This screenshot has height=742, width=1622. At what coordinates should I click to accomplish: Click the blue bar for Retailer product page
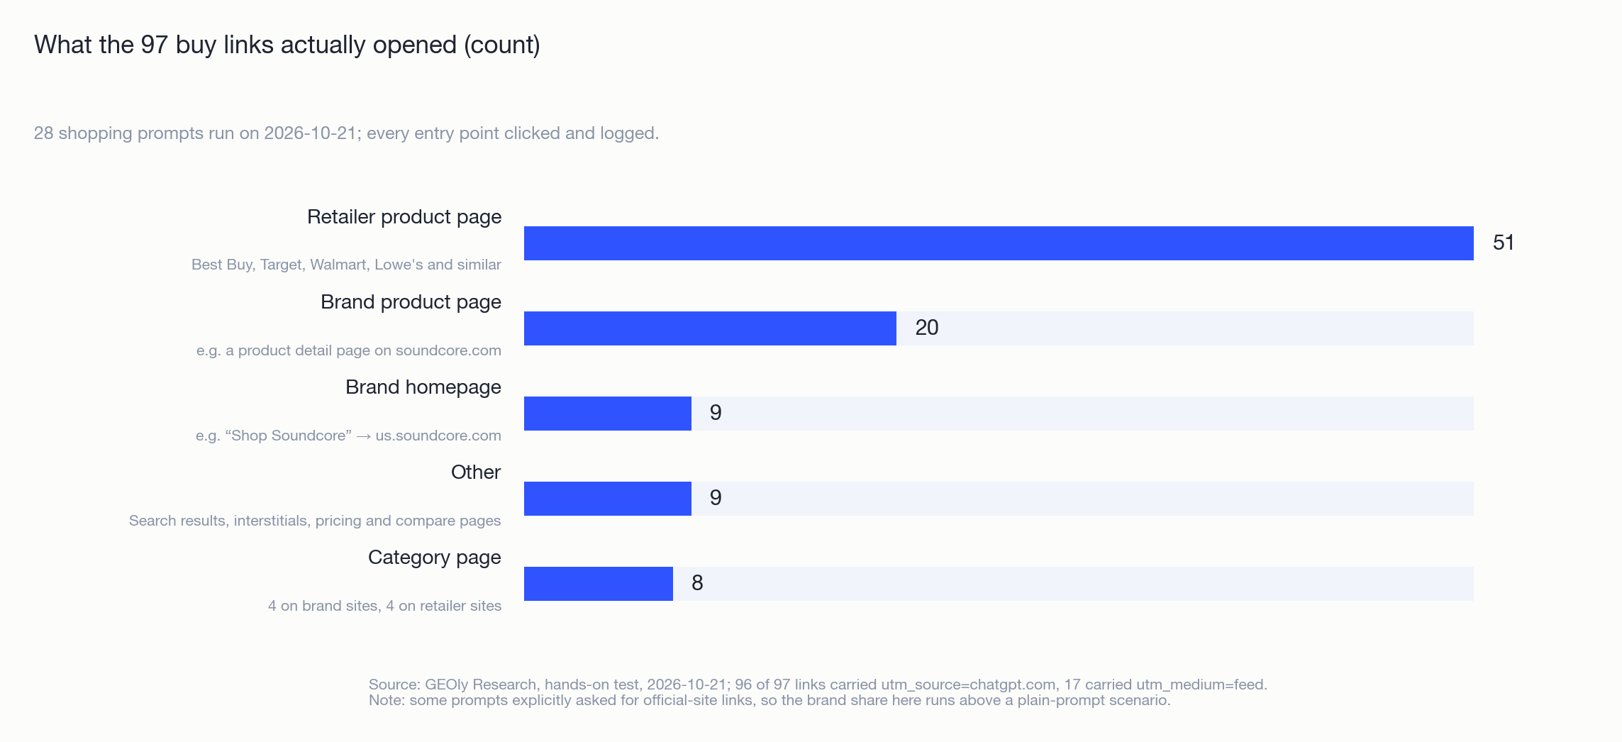tap(999, 243)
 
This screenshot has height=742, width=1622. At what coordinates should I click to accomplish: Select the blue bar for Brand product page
tap(710, 328)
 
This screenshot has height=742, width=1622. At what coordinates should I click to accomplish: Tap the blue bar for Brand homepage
tap(608, 414)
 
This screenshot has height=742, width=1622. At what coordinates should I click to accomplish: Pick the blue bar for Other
tap(608, 499)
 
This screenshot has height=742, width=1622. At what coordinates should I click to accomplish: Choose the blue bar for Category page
tap(599, 584)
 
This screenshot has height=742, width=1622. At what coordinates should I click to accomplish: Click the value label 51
tap(1504, 243)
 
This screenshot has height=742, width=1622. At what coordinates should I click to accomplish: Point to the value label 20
tap(927, 328)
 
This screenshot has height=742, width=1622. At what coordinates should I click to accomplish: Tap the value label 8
tap(697, 583)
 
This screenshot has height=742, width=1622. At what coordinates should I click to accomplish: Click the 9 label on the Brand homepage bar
tap(716, 413)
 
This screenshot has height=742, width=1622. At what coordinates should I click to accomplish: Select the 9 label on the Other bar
tap(716, 498)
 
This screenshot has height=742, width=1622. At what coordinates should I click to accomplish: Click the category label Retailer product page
tap(404, 217)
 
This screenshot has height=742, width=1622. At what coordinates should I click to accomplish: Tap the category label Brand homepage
tap(423, 387)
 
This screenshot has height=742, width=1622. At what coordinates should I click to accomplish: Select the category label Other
tap(476, 472)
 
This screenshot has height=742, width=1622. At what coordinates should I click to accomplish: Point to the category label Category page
tap(435, 558)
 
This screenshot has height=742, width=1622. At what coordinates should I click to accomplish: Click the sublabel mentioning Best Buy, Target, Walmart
tap(346, 265)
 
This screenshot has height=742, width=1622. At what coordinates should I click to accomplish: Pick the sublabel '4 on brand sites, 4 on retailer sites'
tap(384, 606)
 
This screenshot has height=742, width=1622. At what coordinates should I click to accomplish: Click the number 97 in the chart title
tap(154, 45)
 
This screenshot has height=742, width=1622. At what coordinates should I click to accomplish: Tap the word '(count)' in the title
tap(502, 45)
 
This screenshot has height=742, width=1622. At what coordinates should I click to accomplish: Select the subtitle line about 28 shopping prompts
tap(347, 133)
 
